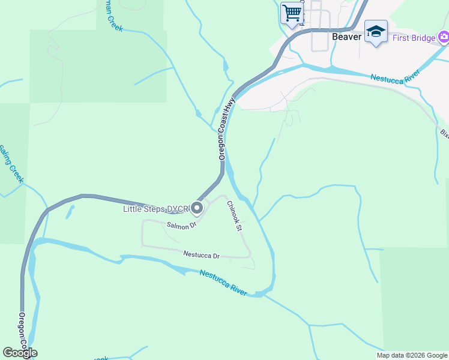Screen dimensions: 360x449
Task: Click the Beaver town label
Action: [x=347, y=37]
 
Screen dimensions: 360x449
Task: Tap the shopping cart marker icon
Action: [x=292, y=13]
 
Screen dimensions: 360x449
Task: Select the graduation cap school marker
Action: [x=376, y=31]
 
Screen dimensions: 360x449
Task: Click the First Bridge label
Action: [x=415, y=38]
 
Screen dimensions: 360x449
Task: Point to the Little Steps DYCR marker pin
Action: [x=197, y=208]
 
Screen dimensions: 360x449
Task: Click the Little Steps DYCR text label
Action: [x=155, y=209]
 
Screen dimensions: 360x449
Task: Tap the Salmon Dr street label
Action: [x=182, y=225]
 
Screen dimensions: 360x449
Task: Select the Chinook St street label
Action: [x=234, y=216]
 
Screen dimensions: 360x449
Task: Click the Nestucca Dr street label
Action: [x=202, y=256]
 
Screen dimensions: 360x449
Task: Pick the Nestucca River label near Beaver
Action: [x=394, y=77]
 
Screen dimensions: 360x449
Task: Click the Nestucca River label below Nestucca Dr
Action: [x=223, y=283]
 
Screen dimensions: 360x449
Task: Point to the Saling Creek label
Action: [x=11, y=164]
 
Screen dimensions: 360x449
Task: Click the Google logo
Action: [x=20, y=352]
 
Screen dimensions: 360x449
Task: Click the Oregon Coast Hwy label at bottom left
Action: [x=22, y=333]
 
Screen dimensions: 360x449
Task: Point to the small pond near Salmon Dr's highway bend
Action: [x=71, y=211]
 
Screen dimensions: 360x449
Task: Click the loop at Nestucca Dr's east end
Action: [x=251, y=262]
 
